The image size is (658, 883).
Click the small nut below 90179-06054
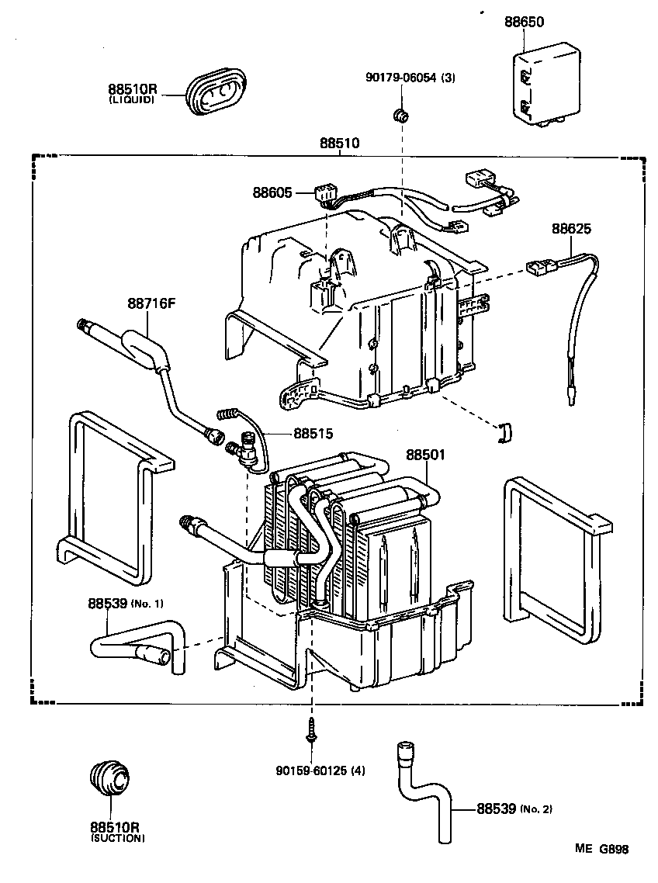point(401,116)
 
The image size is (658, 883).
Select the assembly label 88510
point(340,144)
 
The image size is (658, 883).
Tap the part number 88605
point(272,192)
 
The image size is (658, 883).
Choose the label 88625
point(572,229)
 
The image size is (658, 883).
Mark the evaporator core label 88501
point(425,455)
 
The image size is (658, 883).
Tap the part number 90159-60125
point(320,770)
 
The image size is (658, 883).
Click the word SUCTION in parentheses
point(117,838)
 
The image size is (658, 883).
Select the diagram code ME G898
point(601,849)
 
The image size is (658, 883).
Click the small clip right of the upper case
point(505,434)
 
